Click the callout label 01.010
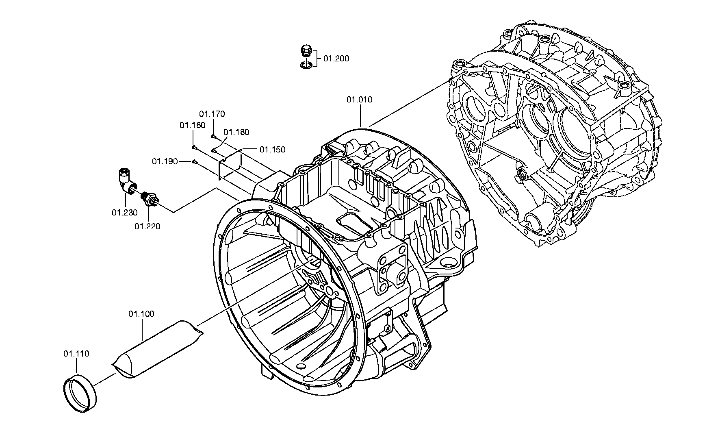pyautogui.click(x=359, y=100)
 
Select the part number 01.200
pyautogui.click(x=336, y=59)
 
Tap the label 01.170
pyautogui.click(x=212, y=114)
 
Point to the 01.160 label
pyautogui.click(x=193, y=126)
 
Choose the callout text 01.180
pyautogui.click(x=236, y=132)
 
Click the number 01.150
pyautogui.click(x=273, y=150)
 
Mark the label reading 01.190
pyautogui.click(x=165, y=162)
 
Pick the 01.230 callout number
pyautogui.click(x=125, y=213)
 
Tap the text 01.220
pyautogui.click(x=147, y=226)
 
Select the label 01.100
pyautogui.click(x=141, y=314)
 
